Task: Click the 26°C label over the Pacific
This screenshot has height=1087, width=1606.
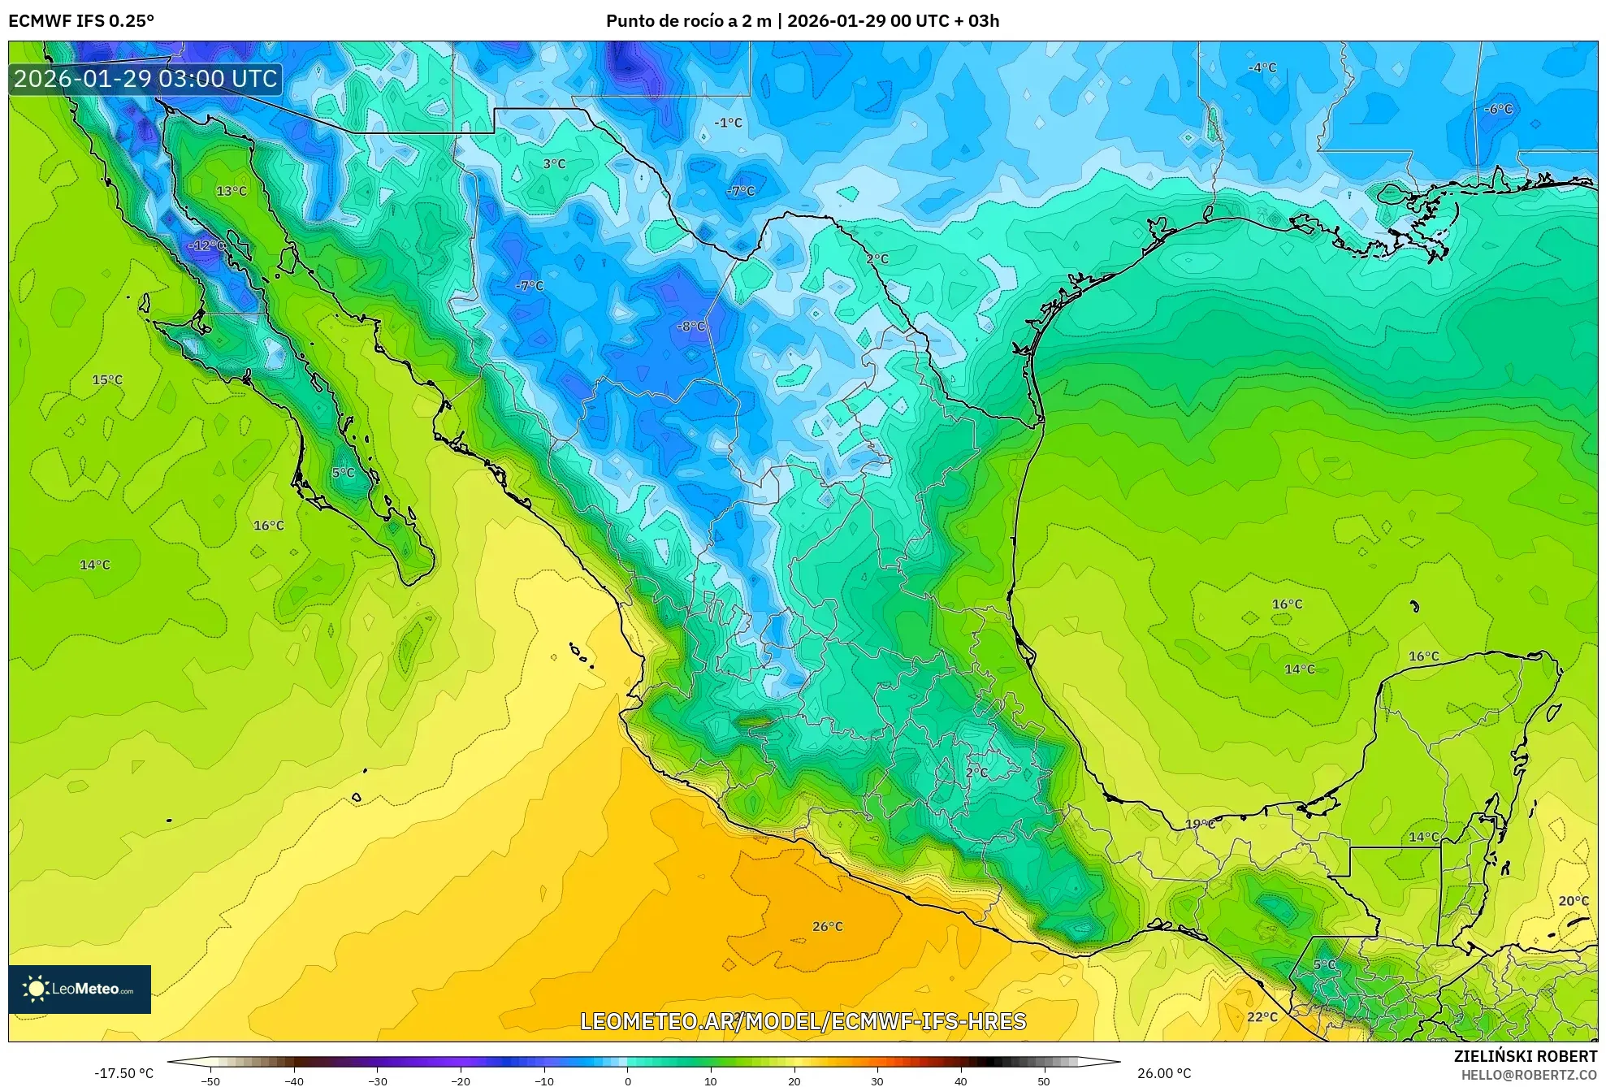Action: [x=827, y=926]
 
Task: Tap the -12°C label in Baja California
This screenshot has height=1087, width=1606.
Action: [x=206, y=245]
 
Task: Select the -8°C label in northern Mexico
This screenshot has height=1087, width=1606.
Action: [x=690, y=326]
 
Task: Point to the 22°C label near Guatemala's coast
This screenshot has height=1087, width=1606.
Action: [x=1262, y=1016]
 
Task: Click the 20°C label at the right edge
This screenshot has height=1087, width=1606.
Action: [x=1573, y=900]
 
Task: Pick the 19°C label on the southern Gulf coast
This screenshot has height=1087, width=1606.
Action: [x=1200, y=824]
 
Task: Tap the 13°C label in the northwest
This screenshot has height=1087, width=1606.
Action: [x=231, y=191]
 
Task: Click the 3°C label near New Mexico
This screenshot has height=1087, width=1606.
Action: [x=554, y=163]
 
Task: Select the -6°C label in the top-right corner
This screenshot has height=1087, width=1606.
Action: [x=1498, y=109]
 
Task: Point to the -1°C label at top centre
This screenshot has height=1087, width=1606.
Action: [x=728, y=123]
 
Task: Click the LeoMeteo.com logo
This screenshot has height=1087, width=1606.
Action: [x=80, y=989]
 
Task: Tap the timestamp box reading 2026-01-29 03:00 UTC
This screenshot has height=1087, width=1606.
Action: [x=146, y=79]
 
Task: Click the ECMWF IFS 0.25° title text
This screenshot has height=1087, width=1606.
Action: [x=81, y=21]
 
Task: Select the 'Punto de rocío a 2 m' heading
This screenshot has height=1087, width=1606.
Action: [x=688, y=21]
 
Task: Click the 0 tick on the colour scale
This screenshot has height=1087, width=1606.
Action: [x=627, y=1080]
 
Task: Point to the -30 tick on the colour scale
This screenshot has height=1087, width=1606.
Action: [x=378, y=1080]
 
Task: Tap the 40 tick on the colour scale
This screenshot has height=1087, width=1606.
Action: [x=960, y=1080]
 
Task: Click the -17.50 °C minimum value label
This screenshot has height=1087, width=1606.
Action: [x=123, y=1073]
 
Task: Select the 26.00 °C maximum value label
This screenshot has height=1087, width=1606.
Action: [x=1164, y=1073]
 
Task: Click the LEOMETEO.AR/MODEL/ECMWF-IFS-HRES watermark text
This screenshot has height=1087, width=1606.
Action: [x=803, y=1021]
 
